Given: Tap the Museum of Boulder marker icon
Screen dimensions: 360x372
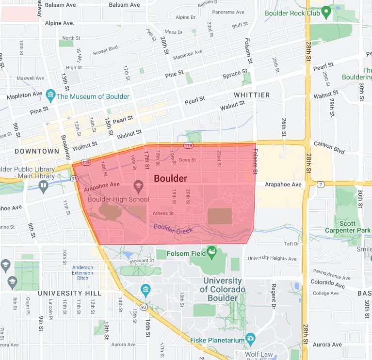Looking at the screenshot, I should [50, 96].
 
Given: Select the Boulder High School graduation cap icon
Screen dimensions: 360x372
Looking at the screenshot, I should [138, 187].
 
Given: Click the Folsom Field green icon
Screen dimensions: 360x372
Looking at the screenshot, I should [211, 251].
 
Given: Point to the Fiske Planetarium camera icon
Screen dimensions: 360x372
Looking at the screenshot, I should [250, 338].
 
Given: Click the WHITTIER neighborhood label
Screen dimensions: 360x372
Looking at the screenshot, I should [252, 95].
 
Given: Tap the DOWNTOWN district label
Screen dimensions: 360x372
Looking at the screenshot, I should [37, 151].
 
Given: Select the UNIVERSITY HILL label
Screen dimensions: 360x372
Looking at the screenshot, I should [70, 293].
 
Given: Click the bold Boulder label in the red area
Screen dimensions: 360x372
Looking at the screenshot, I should [170, 178].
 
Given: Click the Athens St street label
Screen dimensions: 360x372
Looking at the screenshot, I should [163, 213].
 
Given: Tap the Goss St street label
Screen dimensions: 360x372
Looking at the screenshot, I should [187, 160].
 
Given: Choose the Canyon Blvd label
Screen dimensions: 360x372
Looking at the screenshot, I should [329, 147].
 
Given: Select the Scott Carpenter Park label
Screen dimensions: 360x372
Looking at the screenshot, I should [347, 226].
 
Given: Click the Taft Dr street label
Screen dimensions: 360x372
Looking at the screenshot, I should [292, 244].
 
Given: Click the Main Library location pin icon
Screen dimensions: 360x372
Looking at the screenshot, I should [44, 187].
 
